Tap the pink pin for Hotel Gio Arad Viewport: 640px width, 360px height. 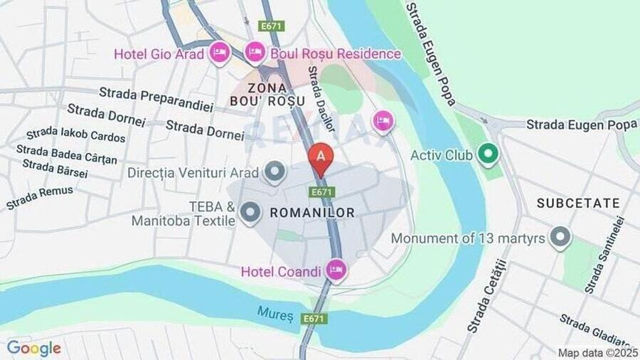219,52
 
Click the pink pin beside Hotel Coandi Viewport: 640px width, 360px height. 336,270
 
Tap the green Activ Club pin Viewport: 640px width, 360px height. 488,154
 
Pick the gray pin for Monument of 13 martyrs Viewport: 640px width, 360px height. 560,238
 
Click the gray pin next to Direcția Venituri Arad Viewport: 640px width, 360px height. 274,171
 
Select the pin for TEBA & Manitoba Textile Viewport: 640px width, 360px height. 250,212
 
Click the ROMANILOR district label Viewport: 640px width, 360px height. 312,213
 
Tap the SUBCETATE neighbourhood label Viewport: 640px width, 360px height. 578,203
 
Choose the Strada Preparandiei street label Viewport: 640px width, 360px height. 156,100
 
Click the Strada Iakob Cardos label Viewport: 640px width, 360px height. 75,134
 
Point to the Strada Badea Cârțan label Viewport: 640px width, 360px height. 66,154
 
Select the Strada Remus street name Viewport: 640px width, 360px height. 40,197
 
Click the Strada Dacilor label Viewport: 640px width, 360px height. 321,99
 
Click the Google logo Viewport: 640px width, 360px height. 33,348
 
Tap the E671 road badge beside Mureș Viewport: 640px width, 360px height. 313,319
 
